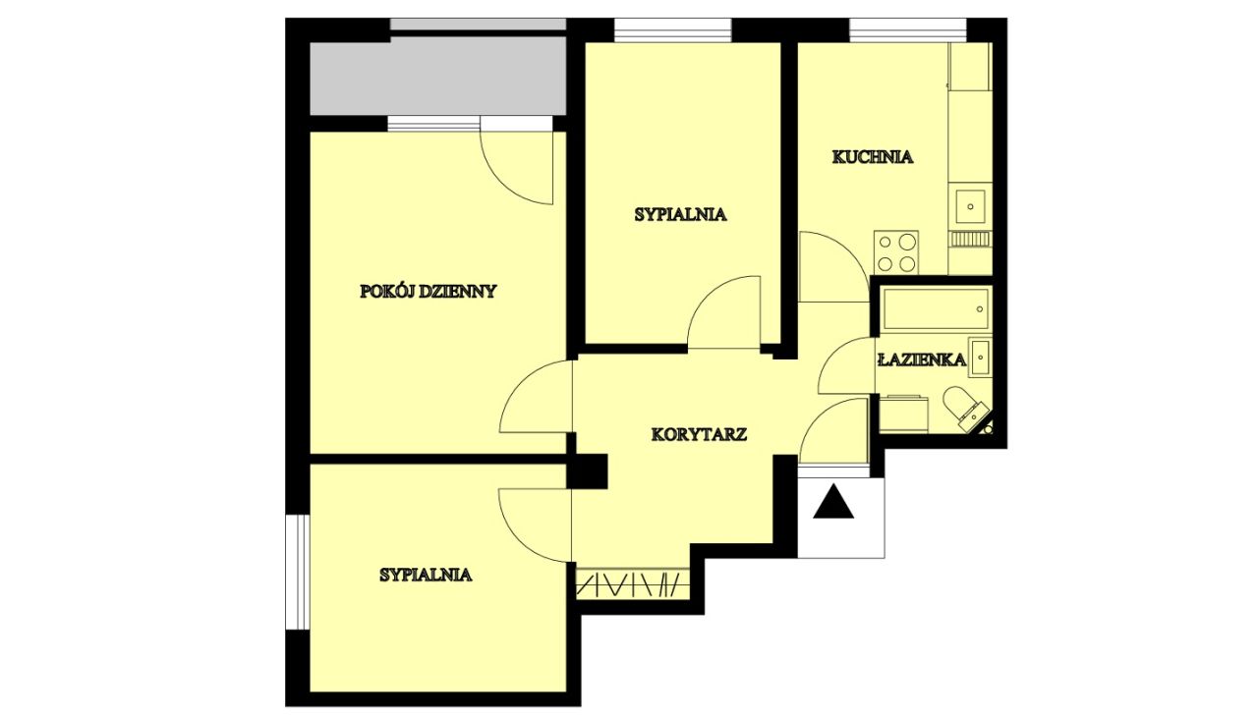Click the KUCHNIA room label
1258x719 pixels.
coord(872,156)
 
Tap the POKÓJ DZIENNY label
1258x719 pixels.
coord(428,292)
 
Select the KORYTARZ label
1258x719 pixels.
coord(699,434)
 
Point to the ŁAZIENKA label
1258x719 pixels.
coord(922,359)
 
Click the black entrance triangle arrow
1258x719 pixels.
coord(833,501)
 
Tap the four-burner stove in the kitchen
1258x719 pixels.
coord(895,252)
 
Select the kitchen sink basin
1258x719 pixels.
coord(970,206)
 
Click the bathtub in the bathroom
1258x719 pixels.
coord(936,308)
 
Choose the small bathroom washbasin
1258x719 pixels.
coord(980,357)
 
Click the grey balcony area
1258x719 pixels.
coord(438,76)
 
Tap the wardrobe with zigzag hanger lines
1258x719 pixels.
coord(632,584)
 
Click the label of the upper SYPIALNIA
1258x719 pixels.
coord(681,214)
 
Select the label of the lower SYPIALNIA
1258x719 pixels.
coord(426,575)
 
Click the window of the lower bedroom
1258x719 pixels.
coord(298,572)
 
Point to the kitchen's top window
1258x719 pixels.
coord(907,30)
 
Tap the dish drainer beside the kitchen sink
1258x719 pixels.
coord(970,240)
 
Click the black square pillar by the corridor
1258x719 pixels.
coord(588,470)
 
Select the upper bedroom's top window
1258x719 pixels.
coord(673,30)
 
